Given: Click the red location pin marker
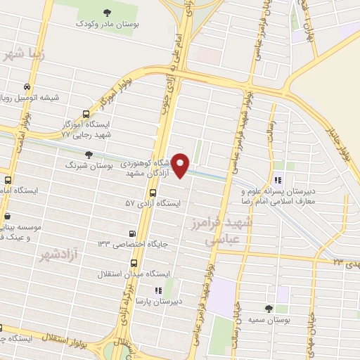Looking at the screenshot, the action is pyautogui.click(x=181, y=165).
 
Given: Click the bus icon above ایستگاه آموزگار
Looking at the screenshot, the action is pyautogui.click(x=86, y=113).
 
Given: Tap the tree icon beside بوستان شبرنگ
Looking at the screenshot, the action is pyautogui.click(x=88, y=155).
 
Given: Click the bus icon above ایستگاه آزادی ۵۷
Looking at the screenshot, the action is pyautogui.click(x=153, y=192).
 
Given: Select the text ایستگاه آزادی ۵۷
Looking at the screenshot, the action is pyautogui.click(x=153, y=202).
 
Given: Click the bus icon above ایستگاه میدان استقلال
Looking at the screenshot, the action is pyautogui.click(x=134, y=263).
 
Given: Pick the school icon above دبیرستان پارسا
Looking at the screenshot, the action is pyautogui.click(x=159, y=290).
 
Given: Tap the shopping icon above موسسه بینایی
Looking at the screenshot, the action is pyautogui.click(x=7, y=217).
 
